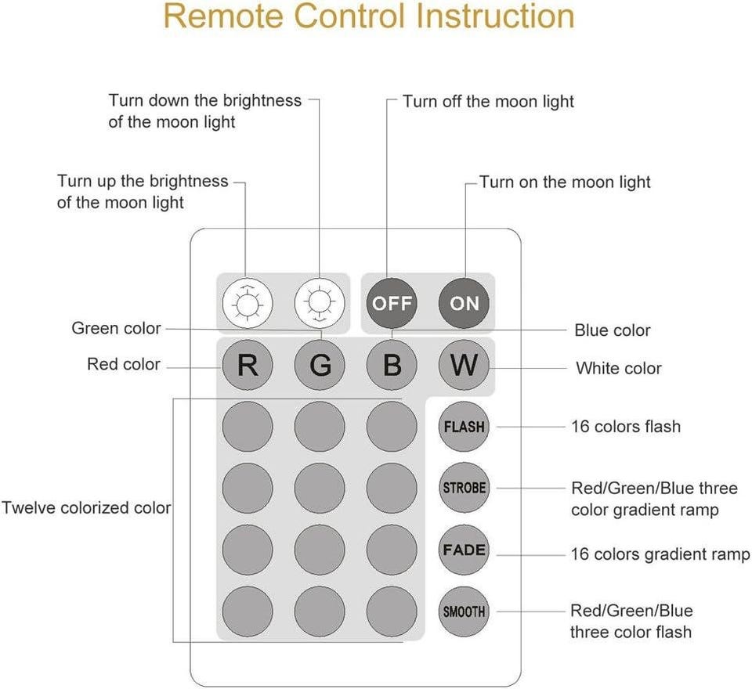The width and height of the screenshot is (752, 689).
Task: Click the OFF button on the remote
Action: (x=392, y=303)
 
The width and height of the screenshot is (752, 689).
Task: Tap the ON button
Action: (x=464, y=303)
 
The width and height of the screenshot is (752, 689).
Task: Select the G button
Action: (x=320, y=365)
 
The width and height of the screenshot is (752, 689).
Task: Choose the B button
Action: (x=392, y=365)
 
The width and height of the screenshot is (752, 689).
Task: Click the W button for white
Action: (x=464, y=365)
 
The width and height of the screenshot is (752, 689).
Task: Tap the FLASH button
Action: (x=464, y=427)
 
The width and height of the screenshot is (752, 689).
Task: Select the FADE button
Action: (x=464, y=550)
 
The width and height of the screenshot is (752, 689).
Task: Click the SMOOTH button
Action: (x=464, y=611)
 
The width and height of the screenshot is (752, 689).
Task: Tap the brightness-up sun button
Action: (x=247, y=303)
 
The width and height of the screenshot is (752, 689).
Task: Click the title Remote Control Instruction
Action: (x=368, y=17)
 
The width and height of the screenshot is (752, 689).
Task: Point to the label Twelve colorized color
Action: (x=86, y=507)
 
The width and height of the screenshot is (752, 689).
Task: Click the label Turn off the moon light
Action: (x=488, y=102)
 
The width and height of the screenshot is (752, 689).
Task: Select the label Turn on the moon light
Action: (x=565, y=182)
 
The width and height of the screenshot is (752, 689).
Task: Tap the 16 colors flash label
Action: (x=626, y=427)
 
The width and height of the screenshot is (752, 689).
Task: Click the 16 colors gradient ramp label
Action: (x=660, y=554)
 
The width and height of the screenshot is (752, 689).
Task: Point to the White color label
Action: (x=619, y=368)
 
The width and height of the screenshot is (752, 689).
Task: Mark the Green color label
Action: (x=116, y=328)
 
